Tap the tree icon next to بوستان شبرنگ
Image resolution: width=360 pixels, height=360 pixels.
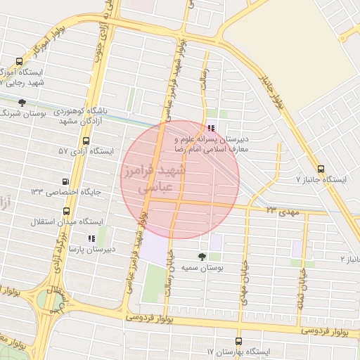pos(22,103)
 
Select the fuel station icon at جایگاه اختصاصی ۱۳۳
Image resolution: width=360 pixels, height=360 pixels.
pos(65,181)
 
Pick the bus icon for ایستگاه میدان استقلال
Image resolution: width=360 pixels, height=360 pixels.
pos(66,210)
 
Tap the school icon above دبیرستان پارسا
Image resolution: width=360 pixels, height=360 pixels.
pos(91,238)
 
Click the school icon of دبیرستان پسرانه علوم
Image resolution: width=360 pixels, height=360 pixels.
pos(212,129)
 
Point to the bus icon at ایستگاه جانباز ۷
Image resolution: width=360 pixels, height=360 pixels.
pos(321,169)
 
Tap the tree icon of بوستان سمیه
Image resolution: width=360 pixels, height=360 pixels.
pos(203,257)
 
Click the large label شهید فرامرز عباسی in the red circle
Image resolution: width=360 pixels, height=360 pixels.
pos(153,180)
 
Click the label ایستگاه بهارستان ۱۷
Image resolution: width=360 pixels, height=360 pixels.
pos(238,351)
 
